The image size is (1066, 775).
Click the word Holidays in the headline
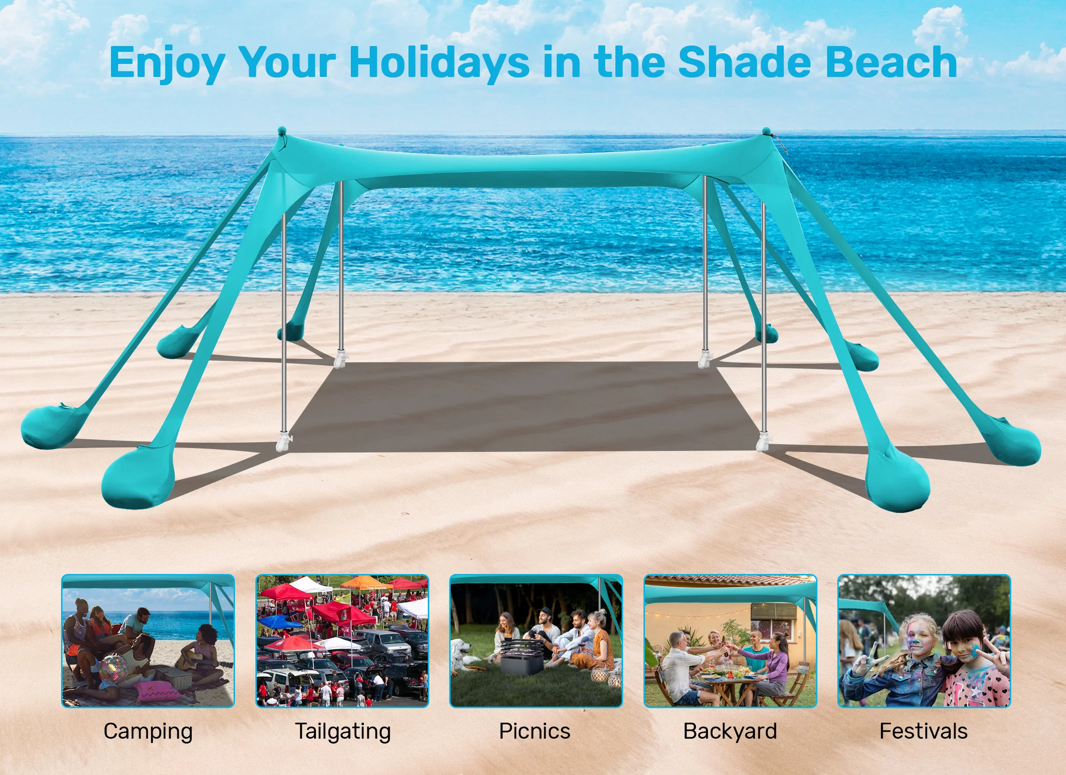coord(439,63)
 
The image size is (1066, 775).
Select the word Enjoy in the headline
coord(167,64)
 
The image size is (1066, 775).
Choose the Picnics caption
coord(535,731)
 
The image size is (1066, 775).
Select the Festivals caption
coord(924,731)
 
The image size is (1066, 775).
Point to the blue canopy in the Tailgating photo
coord(280,621)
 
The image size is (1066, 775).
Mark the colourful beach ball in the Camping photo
coord(114,669)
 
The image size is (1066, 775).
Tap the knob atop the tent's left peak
coord(282,131)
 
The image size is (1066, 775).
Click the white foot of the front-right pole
coord(763,441)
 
